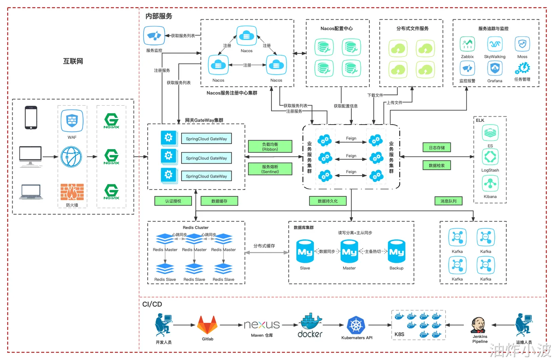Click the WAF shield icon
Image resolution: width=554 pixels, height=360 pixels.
pos(72,120)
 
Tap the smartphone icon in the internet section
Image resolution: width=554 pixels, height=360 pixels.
pos(31,117)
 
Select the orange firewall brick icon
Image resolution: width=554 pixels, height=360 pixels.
pos(72,192)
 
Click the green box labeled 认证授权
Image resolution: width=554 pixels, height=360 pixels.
pos(173,201)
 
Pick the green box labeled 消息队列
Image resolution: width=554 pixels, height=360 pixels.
pos(448,201)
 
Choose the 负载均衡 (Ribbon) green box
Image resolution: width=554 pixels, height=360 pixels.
pos(270,147)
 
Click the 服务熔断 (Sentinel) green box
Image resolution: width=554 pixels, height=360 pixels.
pos(270,169)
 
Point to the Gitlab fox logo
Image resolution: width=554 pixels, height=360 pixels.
pos(207,325)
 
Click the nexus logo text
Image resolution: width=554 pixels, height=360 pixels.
pos(262,325)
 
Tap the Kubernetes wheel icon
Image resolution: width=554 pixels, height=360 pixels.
pos(356,326)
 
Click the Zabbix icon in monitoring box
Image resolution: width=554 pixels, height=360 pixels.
pos(467,44)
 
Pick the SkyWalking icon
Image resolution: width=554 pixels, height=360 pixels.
pos(495,44)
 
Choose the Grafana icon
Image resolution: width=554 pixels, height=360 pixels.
pos(495,69)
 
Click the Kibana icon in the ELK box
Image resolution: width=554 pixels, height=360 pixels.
pos(490,184)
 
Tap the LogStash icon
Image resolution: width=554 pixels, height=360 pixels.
pos(490,157)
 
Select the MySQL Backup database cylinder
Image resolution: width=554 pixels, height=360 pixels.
pos(396,251)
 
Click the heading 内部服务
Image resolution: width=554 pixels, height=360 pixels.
pos(159,16)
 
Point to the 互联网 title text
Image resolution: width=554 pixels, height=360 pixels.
pos(73,61)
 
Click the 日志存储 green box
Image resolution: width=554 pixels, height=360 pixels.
pos(436,148)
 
